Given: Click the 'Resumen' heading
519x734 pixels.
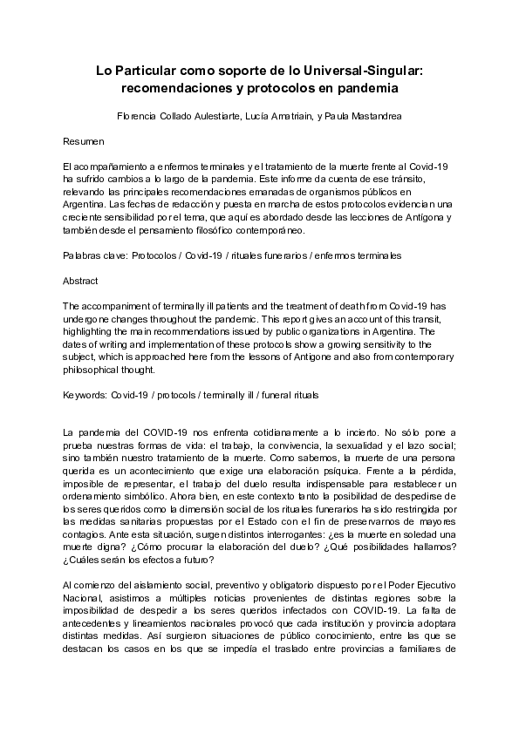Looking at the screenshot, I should click(85, 140).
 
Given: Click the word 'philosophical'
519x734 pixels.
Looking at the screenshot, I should click(92, 369).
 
